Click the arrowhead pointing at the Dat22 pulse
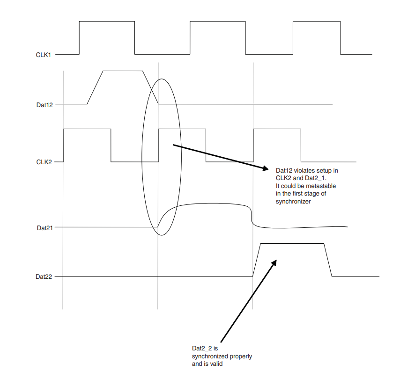click(274, 263)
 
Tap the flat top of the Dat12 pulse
click(122, 71)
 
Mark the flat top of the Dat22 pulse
click(292, 244)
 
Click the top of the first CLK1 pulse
click(107, 22)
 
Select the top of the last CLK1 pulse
click(317, 22)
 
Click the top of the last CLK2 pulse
click(276, 128)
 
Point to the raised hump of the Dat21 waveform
click(206, 204)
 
